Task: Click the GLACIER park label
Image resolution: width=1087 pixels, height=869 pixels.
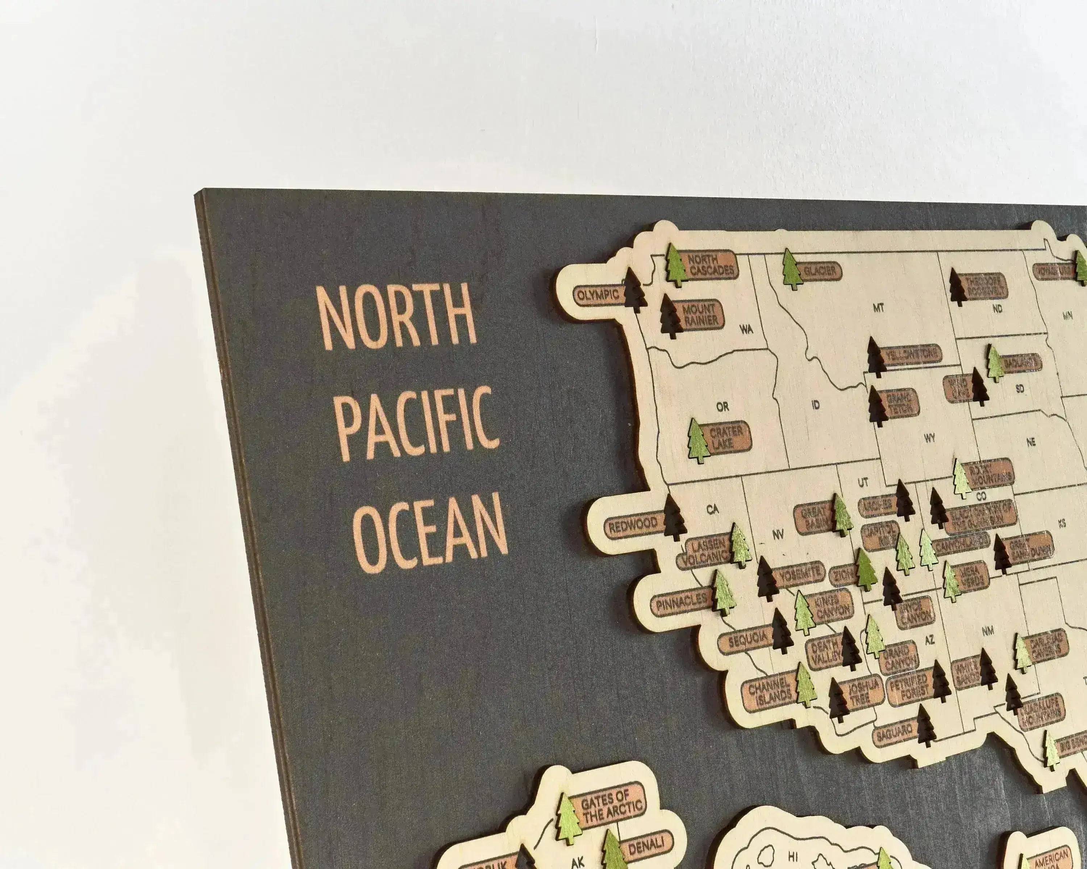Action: pyautogui.click(x=820, y=271)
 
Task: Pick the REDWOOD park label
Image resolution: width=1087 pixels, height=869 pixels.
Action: pyautogui.click(x=633, y=525)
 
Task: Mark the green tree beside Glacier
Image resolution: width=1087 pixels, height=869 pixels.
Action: pyautogui.click(x=792, y=269)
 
